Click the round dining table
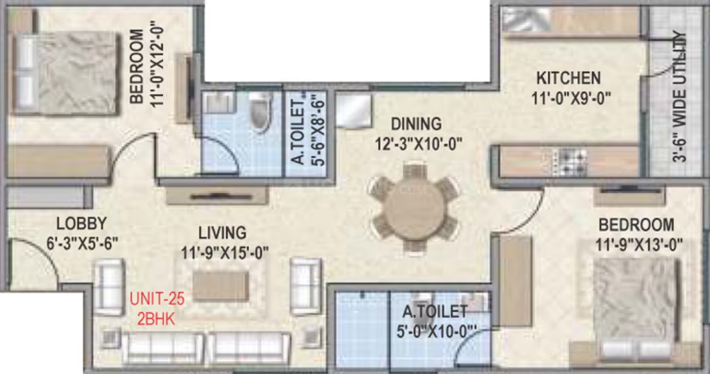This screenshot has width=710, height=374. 414,208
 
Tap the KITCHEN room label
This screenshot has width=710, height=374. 568,78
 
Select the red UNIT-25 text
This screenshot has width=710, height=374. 157,299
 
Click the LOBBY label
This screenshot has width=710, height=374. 81,223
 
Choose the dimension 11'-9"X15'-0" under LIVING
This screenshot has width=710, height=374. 225,252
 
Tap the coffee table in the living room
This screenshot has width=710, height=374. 220,286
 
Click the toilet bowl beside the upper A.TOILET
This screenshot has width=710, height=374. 261,112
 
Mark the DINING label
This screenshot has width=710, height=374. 416,124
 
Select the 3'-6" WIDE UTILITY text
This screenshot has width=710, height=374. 680,96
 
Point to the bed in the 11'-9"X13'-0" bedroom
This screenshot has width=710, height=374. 637,308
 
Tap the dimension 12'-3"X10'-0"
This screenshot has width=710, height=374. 418,144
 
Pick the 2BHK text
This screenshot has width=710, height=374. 156,319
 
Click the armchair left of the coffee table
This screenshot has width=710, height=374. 109,287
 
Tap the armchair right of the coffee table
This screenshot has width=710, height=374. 306,286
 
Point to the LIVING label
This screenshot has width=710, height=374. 222,233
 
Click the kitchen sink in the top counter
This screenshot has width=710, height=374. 527,20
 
